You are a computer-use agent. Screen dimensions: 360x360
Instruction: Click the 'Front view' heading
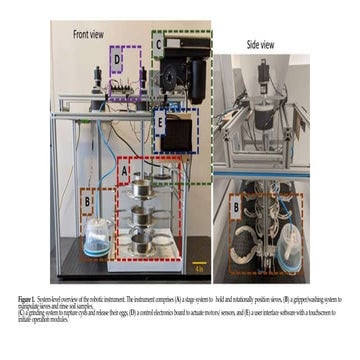tap(91, 33)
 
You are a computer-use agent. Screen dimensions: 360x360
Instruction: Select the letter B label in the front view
tap(87, 201)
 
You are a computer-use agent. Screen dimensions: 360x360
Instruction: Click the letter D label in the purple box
tap(117, 59)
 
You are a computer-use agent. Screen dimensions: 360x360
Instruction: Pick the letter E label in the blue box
tap(161, 119)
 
